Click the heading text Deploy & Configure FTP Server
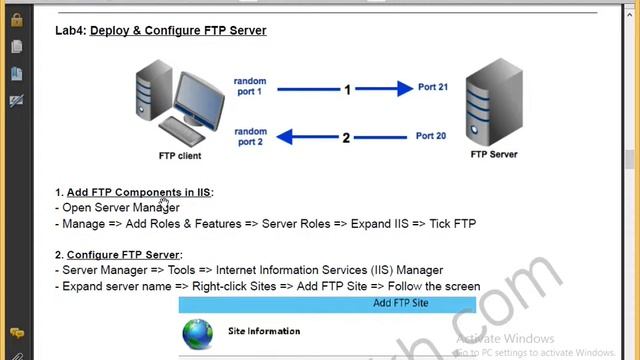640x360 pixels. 178,31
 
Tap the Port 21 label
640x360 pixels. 432,87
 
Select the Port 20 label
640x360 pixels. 431,136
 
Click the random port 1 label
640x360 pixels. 249,87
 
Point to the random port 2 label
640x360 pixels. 250,136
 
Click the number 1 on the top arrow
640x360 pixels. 347,90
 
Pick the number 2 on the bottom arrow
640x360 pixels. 347,137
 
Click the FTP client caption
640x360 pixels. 180,156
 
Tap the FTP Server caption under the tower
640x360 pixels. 493,155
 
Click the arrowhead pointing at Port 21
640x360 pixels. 404,88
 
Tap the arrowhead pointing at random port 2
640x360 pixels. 285,136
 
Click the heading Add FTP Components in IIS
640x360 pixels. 139,192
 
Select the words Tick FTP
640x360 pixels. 452,224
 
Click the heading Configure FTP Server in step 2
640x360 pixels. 123,255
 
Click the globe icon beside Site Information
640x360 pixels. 198,332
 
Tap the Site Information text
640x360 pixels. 264,331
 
